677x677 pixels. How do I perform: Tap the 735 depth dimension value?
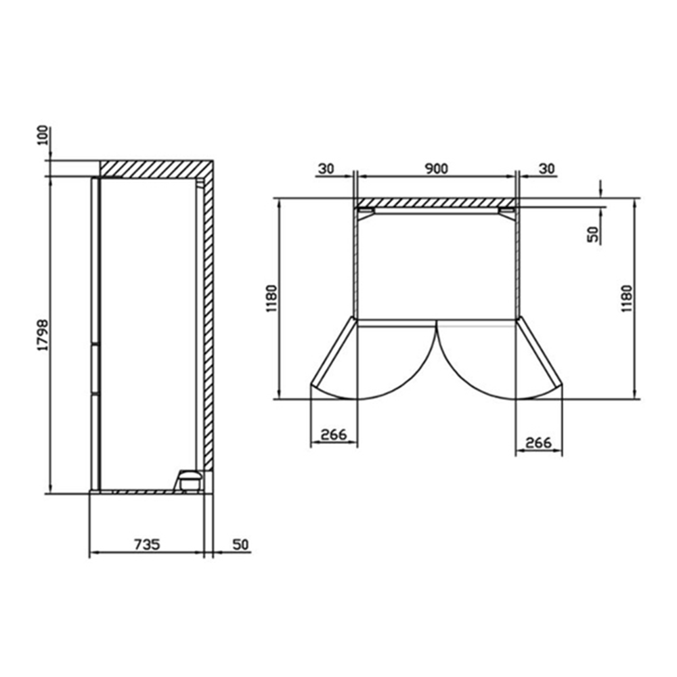(147, 544)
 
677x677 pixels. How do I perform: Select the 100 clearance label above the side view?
(43, 135)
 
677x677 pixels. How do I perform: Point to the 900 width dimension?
(436, 169)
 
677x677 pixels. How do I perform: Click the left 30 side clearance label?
(326, 169)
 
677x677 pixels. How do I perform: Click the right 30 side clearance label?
(546, 169)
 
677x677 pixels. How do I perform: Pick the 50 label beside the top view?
(594, 234)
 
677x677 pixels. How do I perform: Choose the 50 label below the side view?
(240, 544)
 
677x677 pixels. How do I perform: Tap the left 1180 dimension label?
(272, 299)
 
